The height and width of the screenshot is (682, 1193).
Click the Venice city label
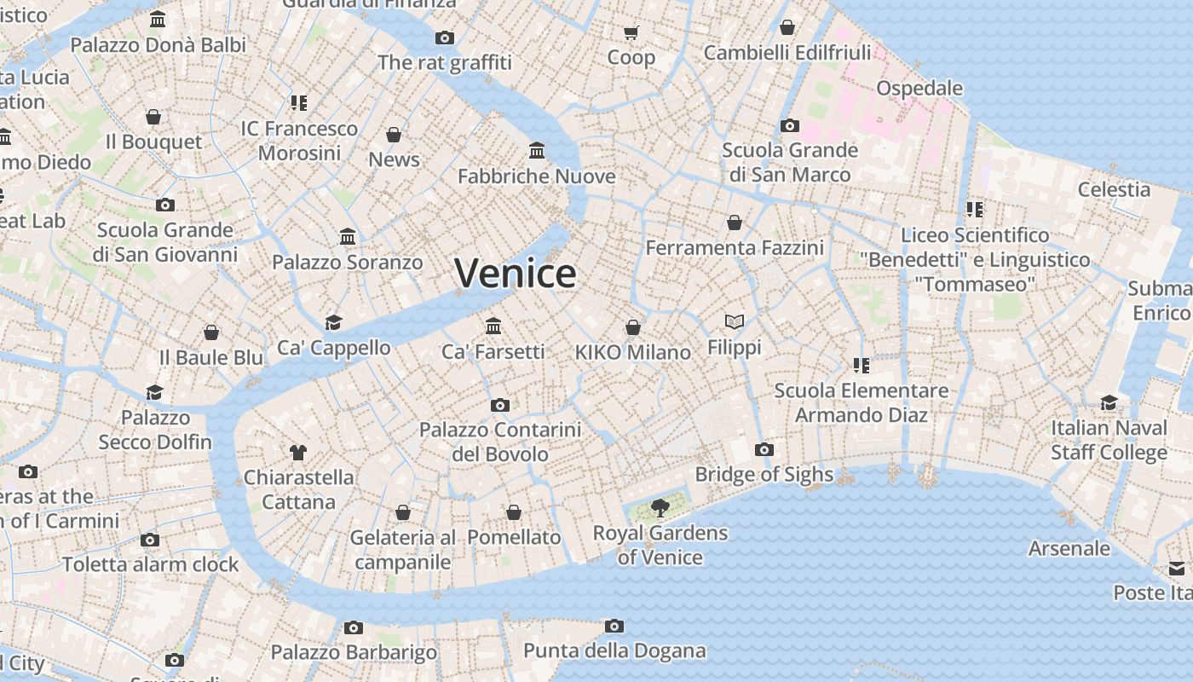coord(515,273)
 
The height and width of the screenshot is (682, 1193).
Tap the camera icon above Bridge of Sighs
coord(764,449)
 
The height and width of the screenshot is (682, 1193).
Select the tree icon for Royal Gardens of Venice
coord(660,509)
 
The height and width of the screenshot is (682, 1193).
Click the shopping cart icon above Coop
coord(631,33)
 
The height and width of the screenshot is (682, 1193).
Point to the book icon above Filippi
coord(735,321)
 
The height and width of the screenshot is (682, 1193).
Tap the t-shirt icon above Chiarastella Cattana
coord(297,452)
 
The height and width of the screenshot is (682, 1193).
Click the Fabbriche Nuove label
coord(536,176)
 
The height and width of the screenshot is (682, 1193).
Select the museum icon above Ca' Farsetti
coord(493,326)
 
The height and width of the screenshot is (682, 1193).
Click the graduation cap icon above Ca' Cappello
coord(333,322)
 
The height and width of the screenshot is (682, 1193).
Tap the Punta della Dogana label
coord(614,651)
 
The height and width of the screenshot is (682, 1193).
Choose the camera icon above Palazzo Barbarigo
coord(354,628)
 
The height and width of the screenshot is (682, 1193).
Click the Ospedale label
coord(919,89)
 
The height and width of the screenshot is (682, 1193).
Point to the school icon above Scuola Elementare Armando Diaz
coord(861,366)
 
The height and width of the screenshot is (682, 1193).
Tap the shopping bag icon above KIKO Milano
coord(633,327)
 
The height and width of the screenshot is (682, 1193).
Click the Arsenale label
coord(1069,548)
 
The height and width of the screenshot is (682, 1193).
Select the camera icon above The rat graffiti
coord(444,38)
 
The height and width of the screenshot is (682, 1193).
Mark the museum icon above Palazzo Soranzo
coord(348,236)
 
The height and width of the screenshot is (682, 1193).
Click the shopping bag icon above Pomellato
coord(514,512)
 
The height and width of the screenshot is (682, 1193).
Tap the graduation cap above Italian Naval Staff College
coord(1109,402)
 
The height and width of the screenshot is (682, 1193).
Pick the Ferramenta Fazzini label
coord(735,248)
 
